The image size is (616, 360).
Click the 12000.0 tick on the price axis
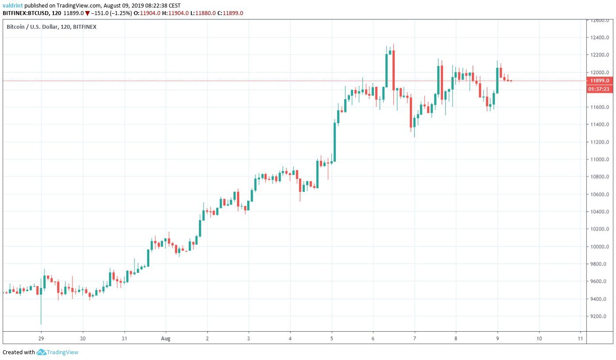(x=600, y=72)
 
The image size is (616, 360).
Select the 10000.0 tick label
(x=600, y=247)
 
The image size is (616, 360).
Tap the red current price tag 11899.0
(x=600, y=81)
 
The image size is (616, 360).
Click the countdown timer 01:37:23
(x=600, y=89)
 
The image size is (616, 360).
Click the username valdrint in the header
(x=13, y=6)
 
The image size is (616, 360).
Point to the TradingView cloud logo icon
(x=41, y=352)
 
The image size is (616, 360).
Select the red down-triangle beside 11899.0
(x=87, y=13)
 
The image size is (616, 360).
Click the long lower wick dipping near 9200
(x=41, y=310)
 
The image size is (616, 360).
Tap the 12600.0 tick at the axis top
(x=600, y=20)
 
